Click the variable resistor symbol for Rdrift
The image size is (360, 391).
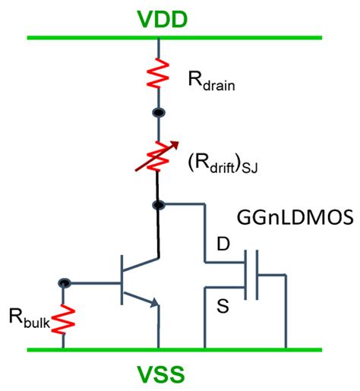coord(158,160)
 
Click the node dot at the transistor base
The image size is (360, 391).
coord(64,283)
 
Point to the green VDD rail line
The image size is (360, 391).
coord(91,36)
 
